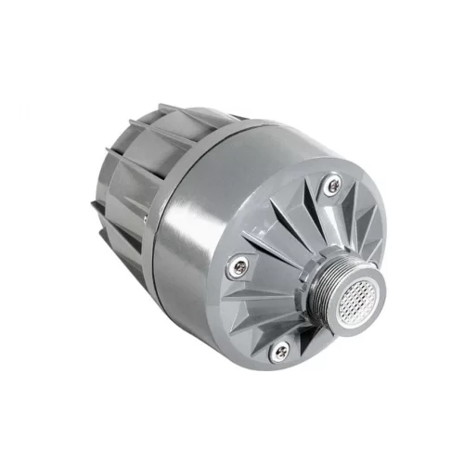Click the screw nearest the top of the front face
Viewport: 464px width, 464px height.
[x=334, y=187]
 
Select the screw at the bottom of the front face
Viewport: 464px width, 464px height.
[x=280, y=351]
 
